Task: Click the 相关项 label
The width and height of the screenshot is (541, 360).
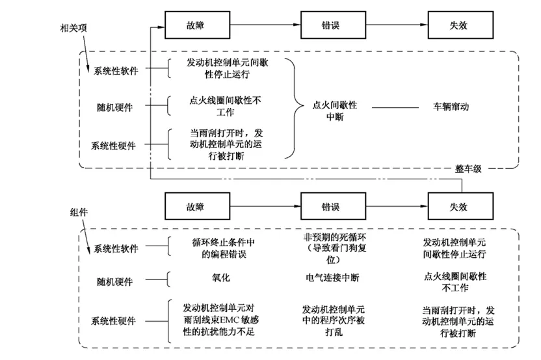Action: [x=73, y=28]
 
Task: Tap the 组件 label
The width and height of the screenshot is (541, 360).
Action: [x=79, y=212]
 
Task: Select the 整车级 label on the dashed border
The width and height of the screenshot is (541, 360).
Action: [x=468, y=168]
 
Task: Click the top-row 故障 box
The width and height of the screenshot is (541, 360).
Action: [x=198, y=25]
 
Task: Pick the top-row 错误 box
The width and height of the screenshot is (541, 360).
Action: [x=334, y=25]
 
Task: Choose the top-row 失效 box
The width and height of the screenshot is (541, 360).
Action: [x=460, y=25]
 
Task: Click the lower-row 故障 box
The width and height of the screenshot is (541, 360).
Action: [x=198, y=206]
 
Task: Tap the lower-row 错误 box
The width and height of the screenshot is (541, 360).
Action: [x=334, y=206]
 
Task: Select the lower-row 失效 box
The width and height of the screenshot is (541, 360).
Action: [x=460, y=206]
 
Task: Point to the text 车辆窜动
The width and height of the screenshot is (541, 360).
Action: [x=451, y=107]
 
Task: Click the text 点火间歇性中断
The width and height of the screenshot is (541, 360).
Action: [x=335, y=110]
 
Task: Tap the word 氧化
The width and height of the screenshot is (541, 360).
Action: [x=221, y=277]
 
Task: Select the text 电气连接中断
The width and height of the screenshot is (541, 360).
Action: [x=333, y=277]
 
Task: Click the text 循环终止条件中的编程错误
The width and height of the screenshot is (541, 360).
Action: [x=224, y=248]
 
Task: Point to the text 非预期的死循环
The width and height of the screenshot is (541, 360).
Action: [x=335, y=237]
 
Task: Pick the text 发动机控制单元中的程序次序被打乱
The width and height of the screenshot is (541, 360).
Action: [x=334, y=320]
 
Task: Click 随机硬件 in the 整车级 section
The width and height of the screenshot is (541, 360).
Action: [x=115, y=108]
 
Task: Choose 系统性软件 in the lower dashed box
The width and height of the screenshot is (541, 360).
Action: [x=116, y=249]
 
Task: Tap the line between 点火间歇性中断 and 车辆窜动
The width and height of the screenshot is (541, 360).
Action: [x=395, y=108]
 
